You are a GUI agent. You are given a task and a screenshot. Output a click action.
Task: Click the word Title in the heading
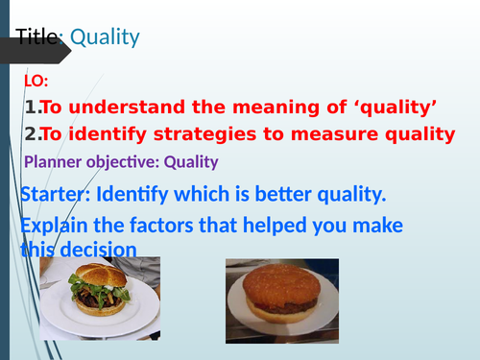tap(36, 37)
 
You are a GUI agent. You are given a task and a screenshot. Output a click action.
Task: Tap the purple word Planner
tap(49, 163)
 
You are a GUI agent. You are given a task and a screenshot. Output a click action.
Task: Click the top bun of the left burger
tap(100, 276)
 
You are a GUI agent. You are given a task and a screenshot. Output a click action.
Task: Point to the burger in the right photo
tap(283, 290)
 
